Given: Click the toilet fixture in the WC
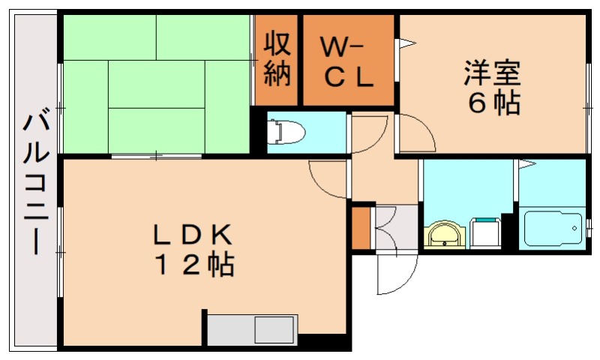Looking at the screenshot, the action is click(286, 132).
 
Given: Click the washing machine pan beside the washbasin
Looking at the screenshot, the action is click(486, 233).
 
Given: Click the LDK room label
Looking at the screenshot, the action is click(193, 235).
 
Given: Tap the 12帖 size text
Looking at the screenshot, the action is click(194, 265).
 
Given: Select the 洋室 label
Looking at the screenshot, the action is click(492, 73).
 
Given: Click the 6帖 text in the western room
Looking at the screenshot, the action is click(494, 103).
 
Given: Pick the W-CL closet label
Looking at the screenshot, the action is click(347, 62).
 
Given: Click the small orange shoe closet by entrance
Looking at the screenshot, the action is click(361, 228).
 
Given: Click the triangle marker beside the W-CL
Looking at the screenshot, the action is click(407, 43).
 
